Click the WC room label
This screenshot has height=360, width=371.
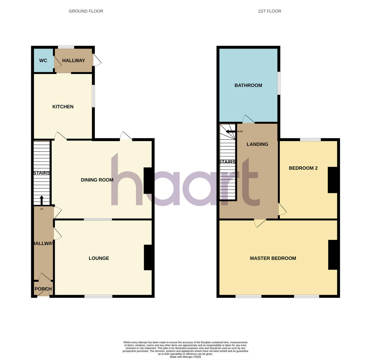43,61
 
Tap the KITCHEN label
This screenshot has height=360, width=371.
63,107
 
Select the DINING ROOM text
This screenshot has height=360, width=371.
97,180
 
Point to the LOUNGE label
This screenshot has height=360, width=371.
99,258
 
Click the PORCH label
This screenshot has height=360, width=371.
43,289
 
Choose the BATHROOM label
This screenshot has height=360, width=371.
248,85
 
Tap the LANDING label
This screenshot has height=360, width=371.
257,144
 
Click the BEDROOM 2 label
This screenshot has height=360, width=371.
303,168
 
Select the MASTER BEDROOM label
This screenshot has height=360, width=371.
273,258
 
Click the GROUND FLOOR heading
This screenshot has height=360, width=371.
86,11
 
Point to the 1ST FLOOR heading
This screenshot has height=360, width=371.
269,11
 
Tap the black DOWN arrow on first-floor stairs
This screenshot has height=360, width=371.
231,131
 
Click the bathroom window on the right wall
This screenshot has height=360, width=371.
279,83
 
